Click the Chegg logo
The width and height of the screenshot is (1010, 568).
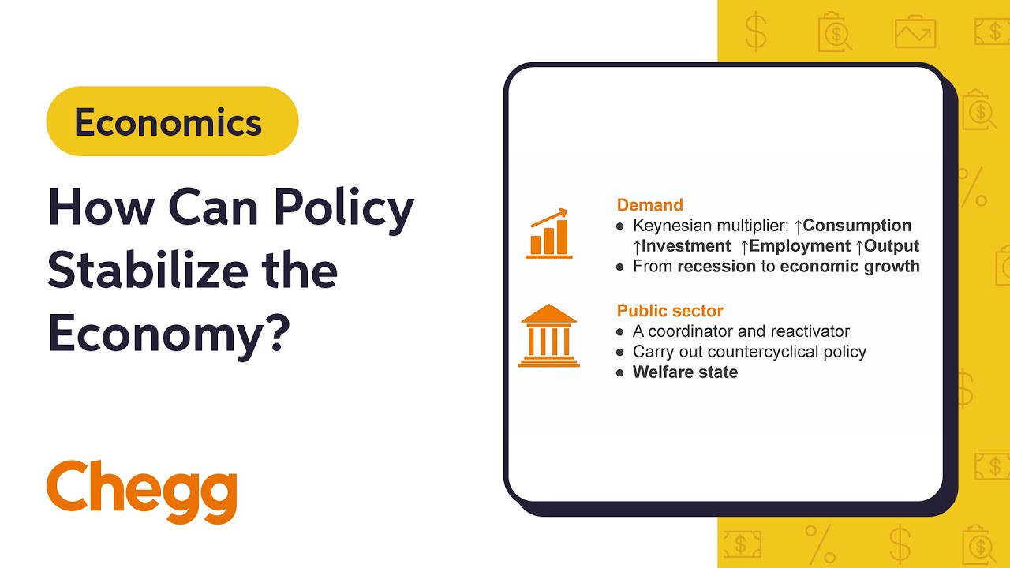click(142, 491)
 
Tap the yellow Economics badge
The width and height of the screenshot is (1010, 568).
click(172, 122)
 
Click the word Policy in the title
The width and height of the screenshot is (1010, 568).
click(343, 209)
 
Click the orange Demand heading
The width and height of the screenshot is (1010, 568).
click(649, 205)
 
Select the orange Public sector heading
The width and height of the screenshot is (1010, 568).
click(670, 311)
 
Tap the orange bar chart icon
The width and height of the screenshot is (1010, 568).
click(548, 234)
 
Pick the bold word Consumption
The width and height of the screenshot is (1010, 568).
click(856, 226)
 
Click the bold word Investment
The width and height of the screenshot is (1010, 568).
click(685, 246)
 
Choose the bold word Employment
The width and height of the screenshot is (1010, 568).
click(799, 246)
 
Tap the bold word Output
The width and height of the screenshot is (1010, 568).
click(892, 246)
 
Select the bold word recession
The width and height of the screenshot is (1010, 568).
click(716, 267)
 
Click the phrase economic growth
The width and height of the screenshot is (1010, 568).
click(850, 267)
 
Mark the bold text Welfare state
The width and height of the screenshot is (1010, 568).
click(685, 372)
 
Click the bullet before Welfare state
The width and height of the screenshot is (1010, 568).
click(620, 372)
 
